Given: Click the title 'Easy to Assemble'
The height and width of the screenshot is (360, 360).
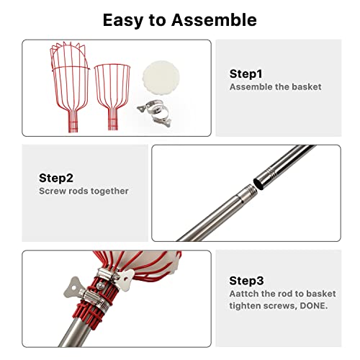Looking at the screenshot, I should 179,19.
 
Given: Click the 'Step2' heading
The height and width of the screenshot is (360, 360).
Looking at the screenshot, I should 56,178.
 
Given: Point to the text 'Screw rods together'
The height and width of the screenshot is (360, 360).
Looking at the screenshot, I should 83,191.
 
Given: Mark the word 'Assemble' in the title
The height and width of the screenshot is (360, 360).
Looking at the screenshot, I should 214,19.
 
